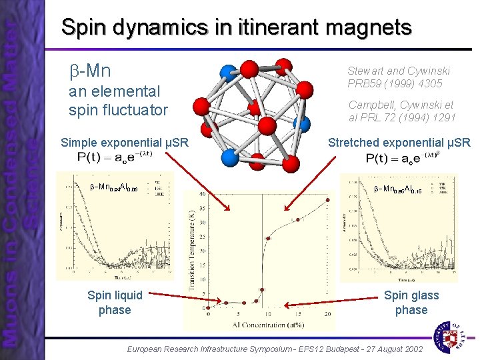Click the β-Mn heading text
coord(90,71)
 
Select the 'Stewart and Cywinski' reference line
coord(399,71)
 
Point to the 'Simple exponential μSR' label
coord(124,142)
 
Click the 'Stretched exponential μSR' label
coord(399,142)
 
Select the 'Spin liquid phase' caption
coord(114,303)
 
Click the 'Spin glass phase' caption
coord(411,303)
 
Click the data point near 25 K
coord(269,238)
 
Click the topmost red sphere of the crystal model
coord(283,65)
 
